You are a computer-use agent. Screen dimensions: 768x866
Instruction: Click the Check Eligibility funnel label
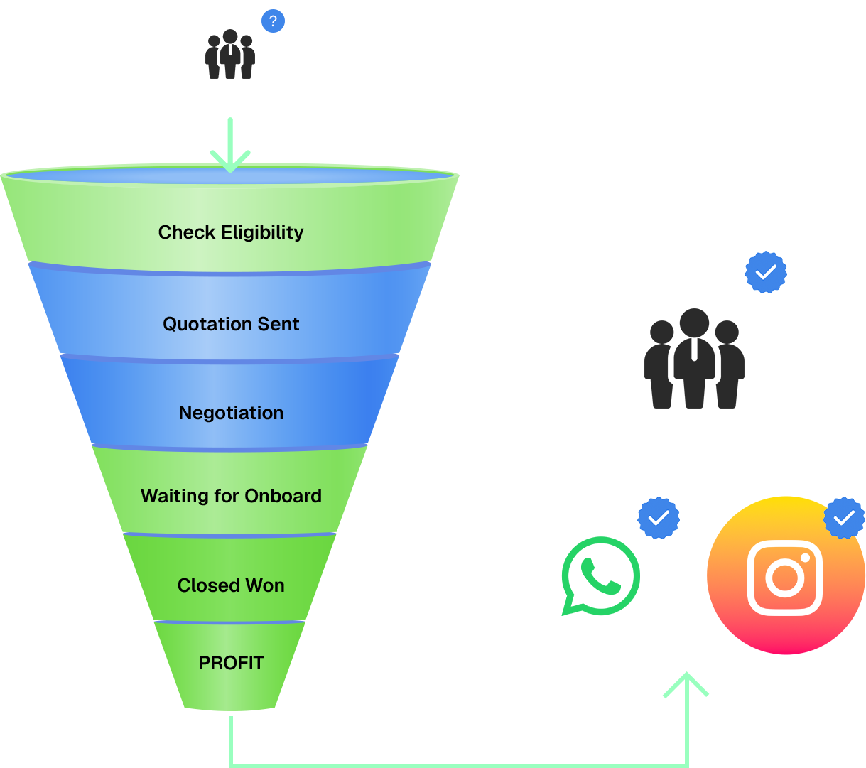pos(231,232)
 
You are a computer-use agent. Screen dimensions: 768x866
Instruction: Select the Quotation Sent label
pos(231,324)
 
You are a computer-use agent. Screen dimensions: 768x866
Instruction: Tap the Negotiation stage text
pos(231,413)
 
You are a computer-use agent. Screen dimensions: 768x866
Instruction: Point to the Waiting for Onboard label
pos(231,496)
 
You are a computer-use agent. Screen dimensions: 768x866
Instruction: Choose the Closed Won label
pos(231,585)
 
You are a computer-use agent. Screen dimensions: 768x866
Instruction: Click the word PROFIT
pos(231,663)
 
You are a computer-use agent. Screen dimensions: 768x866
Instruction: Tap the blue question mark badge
pos(273,21)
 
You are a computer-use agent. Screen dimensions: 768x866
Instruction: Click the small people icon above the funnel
pos(229,55)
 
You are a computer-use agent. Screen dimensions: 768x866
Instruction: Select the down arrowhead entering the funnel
pos(230,161)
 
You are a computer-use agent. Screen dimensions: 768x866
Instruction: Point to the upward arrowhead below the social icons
pos(686,683)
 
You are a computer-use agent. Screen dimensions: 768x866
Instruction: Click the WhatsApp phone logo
pos(600,575)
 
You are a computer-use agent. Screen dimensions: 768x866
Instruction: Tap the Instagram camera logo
pos(785,577)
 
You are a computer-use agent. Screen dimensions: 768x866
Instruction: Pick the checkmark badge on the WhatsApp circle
pos(659,518)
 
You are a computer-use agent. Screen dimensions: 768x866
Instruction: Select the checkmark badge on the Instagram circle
pos(844,518)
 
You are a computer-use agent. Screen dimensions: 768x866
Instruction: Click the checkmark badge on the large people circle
pos(766,271)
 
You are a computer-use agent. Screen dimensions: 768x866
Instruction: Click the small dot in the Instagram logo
pos(806,556)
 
